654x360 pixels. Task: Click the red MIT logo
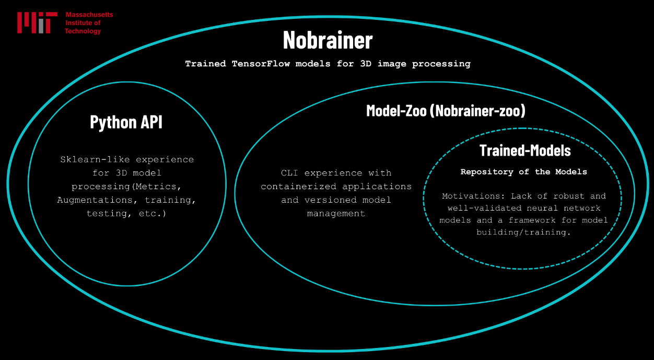click(x=37, y=23)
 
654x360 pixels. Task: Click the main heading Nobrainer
click(x=328, y=40)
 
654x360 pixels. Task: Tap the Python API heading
click(x=126, y=122)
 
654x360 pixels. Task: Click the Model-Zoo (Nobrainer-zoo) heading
click(x=446, y=111)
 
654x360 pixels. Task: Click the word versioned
click(x=336, y=200)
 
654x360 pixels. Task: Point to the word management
click(x=336, y=214)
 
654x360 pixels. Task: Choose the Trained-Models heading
click(x=525, y=150)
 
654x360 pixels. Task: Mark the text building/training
click(x=523, y=232)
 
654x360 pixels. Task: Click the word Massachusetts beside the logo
click(x=89, y=15)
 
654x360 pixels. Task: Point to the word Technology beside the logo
click(x=83, y=31)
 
